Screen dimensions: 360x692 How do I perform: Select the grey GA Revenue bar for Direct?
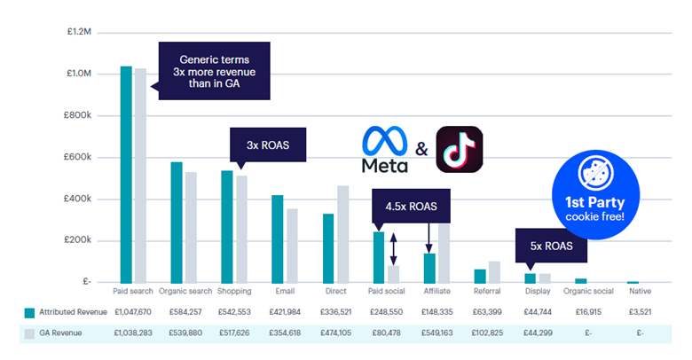pyautogui.click(x=342, y=234)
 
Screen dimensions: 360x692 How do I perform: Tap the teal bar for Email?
pyautogui.click(x=278, y=239)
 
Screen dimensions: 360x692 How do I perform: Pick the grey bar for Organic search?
pyautogui.click(x=191, y=227)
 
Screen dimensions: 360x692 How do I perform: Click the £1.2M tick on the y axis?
pyautogui.click(x=79, y=32)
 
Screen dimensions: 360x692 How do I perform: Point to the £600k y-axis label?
pyautogui.click(x=79, y=157)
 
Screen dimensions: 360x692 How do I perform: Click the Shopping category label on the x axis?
pyautogui.click(x=233, y=291)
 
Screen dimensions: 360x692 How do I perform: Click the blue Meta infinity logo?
pyautogui.click(x=384, y=141)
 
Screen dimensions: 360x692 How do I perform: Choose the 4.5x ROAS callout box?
pyautogui.click(x=411, y=207)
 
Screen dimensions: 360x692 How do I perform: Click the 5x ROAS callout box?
pyautogui.click(x=552, y=246)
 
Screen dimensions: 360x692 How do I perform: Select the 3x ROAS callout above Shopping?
pyautogui.click(x=268, y=144)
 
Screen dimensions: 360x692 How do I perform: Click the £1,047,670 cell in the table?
pyautogui.click(x=131, y=311)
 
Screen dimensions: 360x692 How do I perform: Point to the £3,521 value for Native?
pyautogui.click(x=640, y=311)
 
